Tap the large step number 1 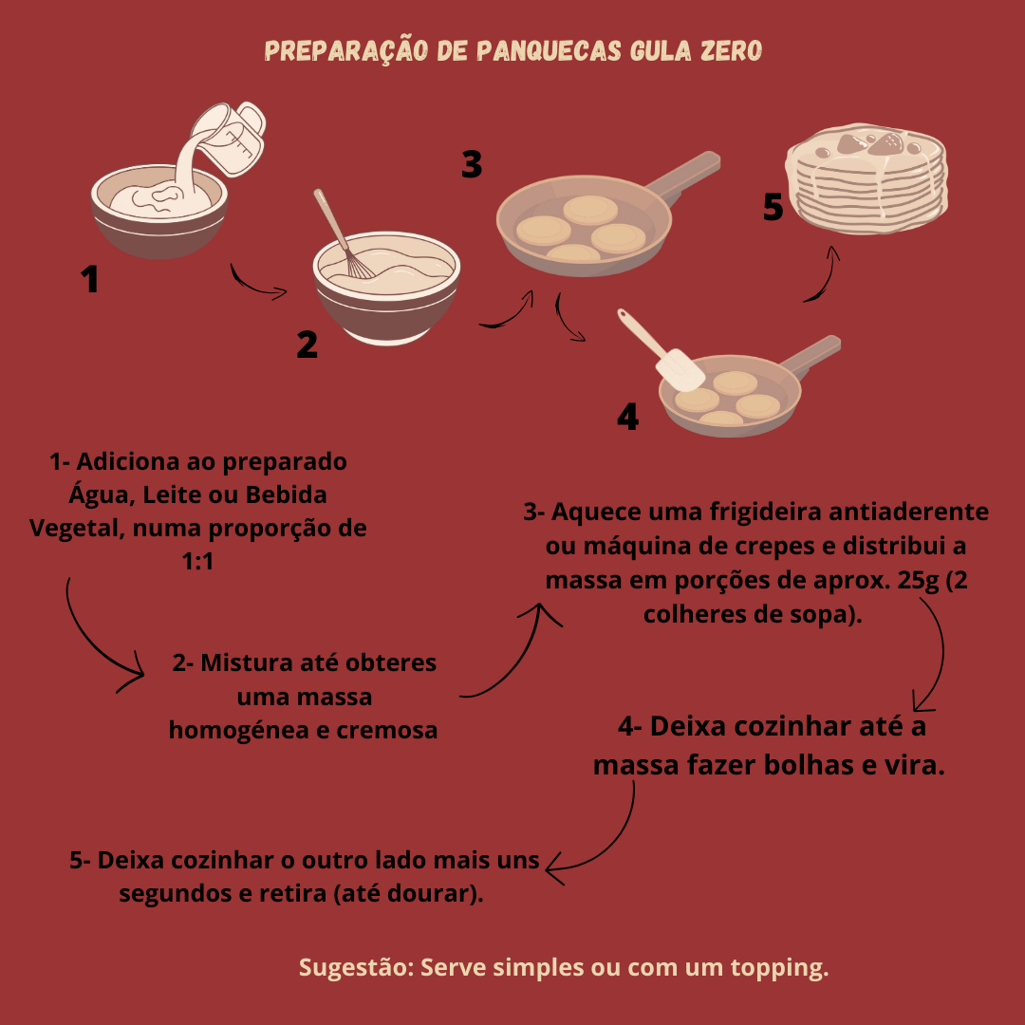[x=90, y=280]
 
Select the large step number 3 [x=472, y=164]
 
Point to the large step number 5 [x=773, y=207]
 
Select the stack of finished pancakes [x=868, y=185]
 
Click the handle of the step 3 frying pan [x=688, y=176]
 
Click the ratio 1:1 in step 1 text [x=198, y=562]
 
